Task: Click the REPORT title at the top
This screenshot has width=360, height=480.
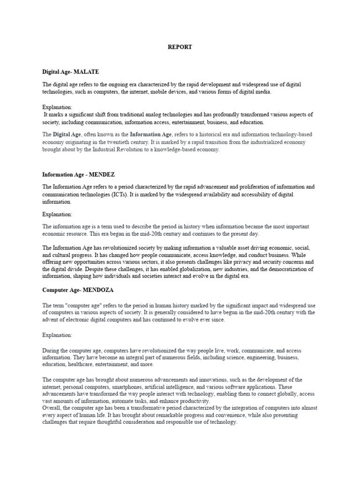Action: (x=180, y=47)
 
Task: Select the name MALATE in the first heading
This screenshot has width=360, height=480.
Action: (x=87, y=72)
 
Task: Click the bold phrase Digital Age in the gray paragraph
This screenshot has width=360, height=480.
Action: (x=64, y=135)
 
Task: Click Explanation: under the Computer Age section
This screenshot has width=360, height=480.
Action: (x=57, y=336)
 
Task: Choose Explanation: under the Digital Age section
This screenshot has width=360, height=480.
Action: (x=57, y=107)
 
